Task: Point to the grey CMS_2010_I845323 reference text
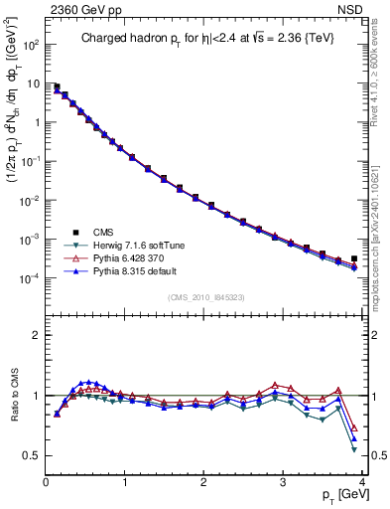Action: [x=205, y=296]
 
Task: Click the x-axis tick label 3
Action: [x=284, y=482]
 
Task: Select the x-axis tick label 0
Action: [x=46, y=482]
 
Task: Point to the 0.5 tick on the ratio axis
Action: [x=33, y=455]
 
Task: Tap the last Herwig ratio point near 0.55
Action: [x=354, y=449]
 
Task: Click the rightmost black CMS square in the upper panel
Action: [x=354, y=258]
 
